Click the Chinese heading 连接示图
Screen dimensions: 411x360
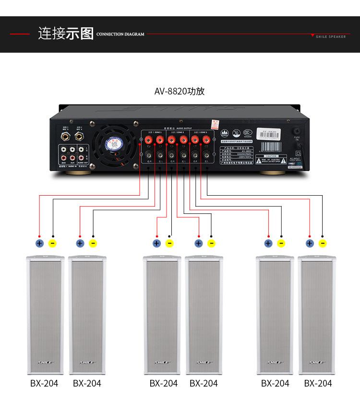coord(66,34)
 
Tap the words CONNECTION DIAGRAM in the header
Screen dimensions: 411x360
coord(120,35)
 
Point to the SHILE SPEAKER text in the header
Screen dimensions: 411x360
coord(331,36)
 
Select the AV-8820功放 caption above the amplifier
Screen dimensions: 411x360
coord(179,91)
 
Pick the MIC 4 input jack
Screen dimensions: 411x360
coord(79,137)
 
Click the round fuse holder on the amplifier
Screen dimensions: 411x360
coord(298,131)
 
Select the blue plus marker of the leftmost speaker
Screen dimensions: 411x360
coord(40,243)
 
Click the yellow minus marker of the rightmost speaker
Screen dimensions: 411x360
coord(323,243)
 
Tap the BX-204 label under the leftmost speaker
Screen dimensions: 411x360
coord(44,383)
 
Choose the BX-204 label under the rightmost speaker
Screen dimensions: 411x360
coord(318,383)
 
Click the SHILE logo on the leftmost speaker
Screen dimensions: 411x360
coord(45,363)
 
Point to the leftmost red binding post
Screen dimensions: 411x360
coord(148,140)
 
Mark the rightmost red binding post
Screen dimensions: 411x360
coord(206,140)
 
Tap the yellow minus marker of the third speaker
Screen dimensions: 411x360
coord(169,243)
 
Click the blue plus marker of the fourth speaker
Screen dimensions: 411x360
coord(198,243)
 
